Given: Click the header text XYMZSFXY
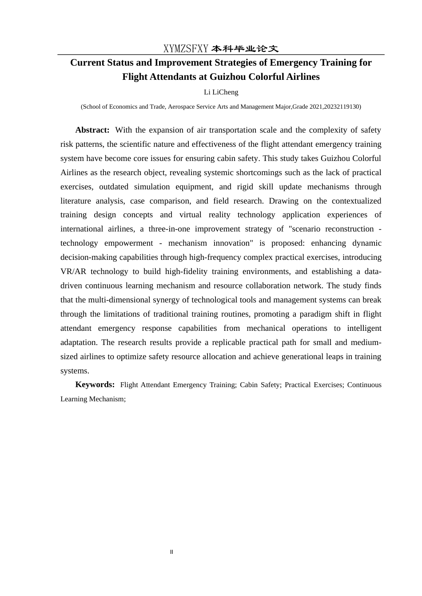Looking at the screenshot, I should (x=186, y=49).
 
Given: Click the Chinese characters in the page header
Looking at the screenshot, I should (x=245, y=49).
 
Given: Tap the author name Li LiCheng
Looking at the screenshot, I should (x=221, y=92).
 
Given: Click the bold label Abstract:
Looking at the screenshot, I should (x=92, y=130).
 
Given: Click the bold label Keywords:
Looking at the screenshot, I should (x=95, y=384).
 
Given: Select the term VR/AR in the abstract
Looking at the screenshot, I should (x=73, y=271).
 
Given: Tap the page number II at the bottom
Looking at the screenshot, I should (x=171, y=552).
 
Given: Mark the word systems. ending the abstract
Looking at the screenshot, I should (x=75, y=371).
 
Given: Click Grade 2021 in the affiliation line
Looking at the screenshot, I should (x=307, y=107).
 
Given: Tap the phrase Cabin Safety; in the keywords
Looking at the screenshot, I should (x=260, y=385).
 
